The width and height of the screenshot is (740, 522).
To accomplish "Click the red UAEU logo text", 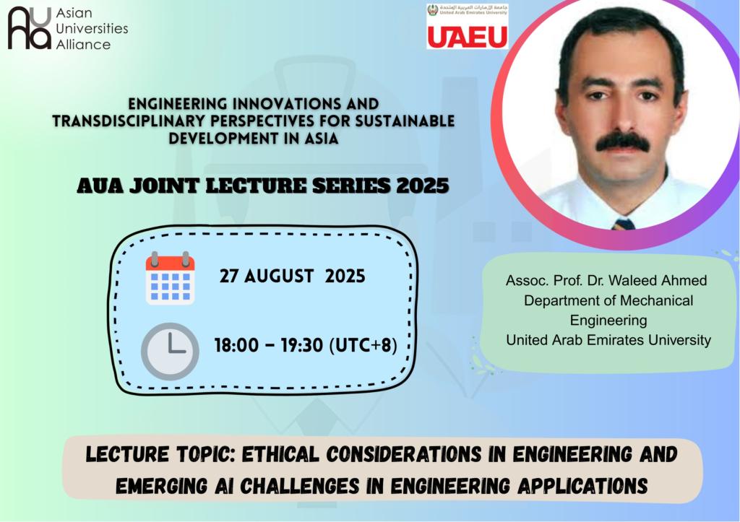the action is pos(468,37).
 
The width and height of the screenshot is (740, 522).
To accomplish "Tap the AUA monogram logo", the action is pos(29,28).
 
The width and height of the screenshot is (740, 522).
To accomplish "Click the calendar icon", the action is pos(170,278).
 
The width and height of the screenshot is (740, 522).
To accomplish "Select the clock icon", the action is pos(170,352).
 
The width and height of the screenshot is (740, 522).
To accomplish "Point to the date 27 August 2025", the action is pos(292,276).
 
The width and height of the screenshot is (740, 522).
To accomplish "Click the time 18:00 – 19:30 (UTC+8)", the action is pos(306,345).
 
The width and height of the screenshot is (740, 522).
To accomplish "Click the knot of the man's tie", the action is pos(624,224).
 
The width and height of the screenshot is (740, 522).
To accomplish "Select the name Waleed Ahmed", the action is pos(657,281).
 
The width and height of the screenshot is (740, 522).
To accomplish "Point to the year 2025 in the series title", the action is pos(422,186).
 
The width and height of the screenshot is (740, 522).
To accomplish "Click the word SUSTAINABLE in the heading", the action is pos(405,121).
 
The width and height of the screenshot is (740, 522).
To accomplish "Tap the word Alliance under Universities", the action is pos(83,44).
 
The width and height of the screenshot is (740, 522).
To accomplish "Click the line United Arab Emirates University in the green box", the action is pos(608,340).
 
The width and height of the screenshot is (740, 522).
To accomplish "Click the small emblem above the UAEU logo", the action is pos(433,10).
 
